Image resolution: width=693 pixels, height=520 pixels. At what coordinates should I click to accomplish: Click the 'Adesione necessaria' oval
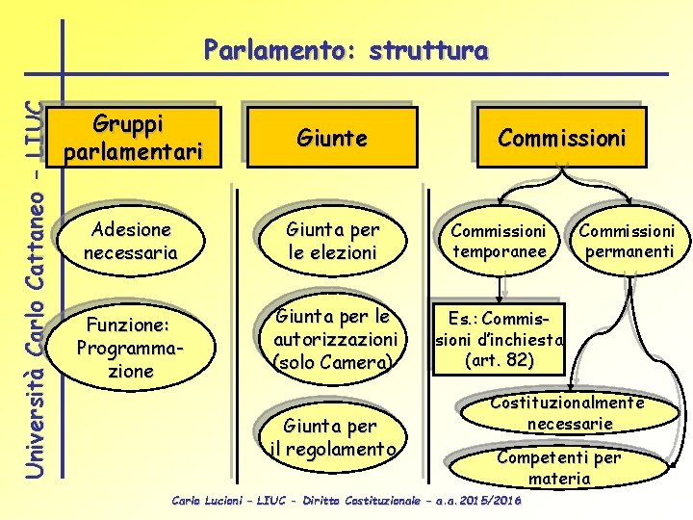coord(129,242)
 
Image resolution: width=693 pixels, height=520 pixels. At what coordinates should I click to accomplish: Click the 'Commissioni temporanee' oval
coord(499,242)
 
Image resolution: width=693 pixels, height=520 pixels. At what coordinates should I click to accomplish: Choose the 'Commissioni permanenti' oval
coord(627,242)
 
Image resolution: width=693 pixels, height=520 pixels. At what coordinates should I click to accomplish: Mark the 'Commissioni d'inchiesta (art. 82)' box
coord(499,338)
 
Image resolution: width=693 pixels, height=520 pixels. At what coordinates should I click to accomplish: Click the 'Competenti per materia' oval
coord(559,467)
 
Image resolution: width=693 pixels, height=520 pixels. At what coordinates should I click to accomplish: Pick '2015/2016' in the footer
coord(491,502)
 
